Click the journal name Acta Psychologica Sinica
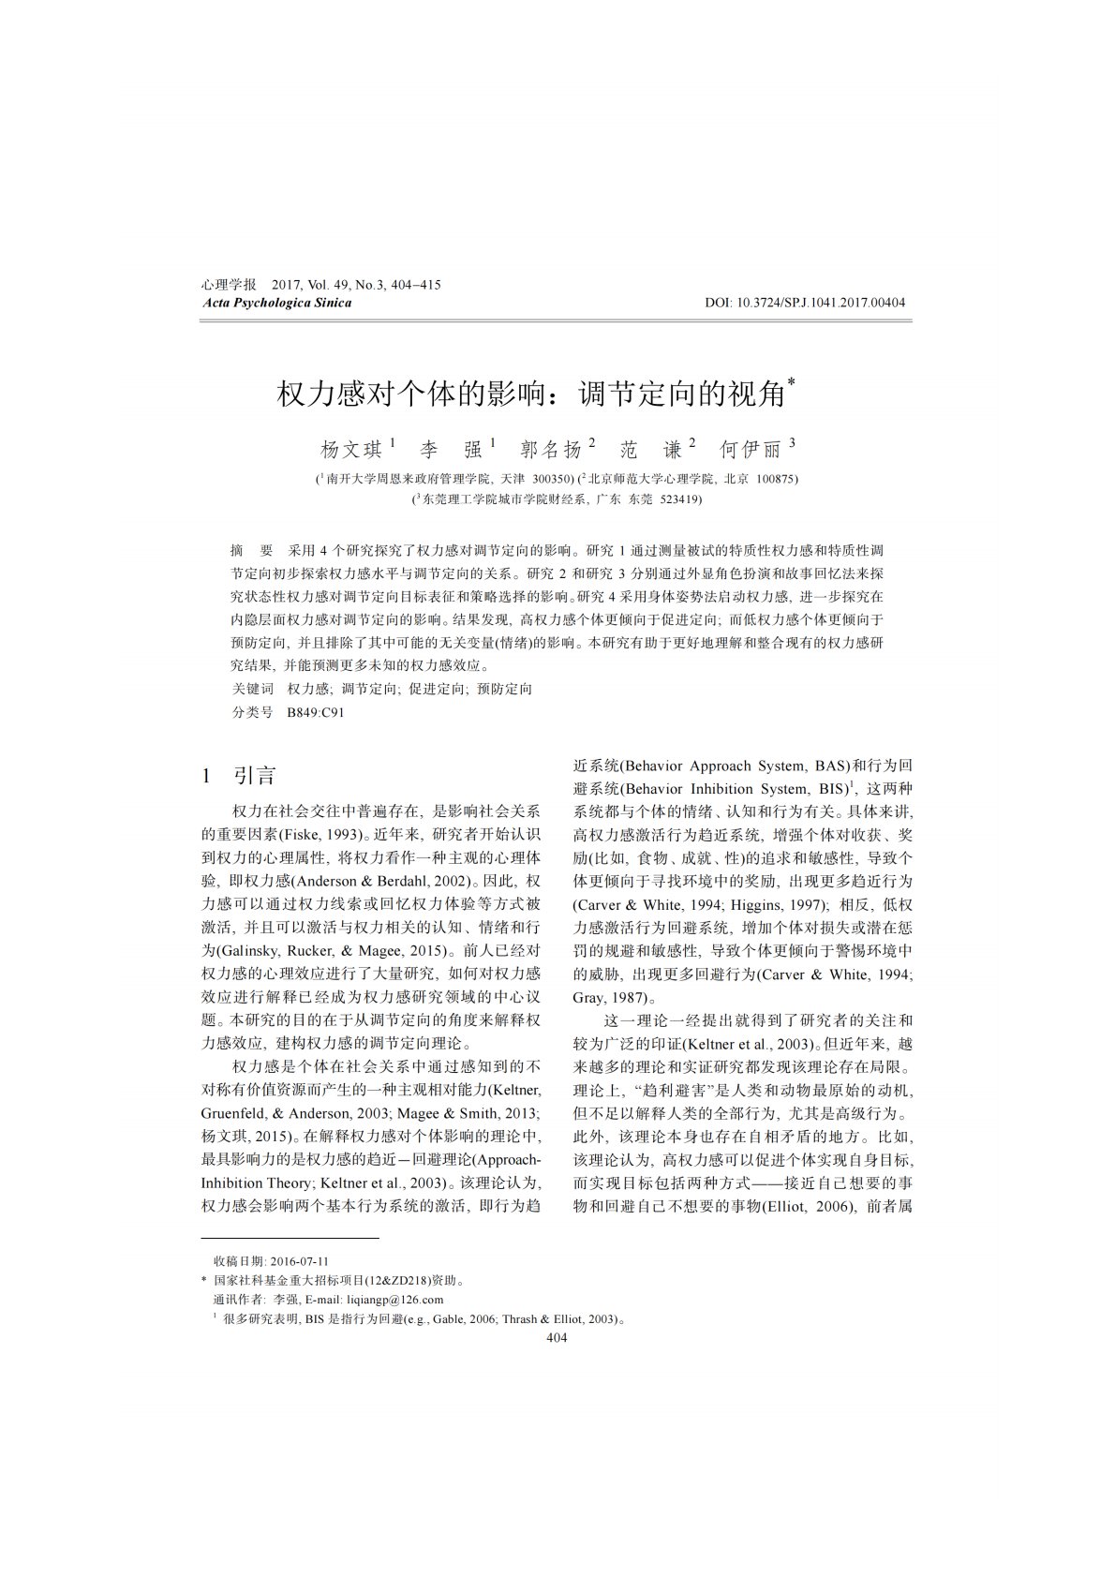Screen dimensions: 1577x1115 tap(276, 303)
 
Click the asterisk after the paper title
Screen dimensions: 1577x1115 tap(793, 382)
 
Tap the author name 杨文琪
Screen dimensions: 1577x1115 tap(351, 450)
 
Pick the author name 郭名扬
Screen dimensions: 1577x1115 tap(551, 450)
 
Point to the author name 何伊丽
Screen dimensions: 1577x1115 tap(751, 450)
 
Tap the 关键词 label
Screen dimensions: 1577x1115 tap(252, 689)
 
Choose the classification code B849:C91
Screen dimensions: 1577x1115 tap(316, 712)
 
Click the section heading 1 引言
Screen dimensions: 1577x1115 tap(239, 776)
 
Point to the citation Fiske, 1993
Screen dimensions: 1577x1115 tap(322, 834)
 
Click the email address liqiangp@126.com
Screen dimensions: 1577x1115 tap(394, 1300)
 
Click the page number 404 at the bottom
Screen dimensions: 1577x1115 tap(557, 1338)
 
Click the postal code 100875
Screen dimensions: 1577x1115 tap(776, 478)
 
